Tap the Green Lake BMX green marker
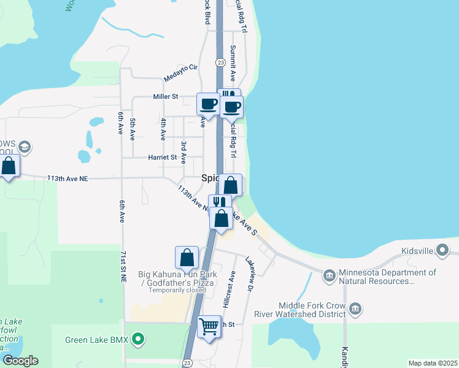138,339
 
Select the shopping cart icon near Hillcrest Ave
209,327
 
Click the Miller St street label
166,96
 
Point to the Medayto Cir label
181,72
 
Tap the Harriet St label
163,157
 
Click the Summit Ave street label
233,63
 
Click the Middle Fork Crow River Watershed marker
356,308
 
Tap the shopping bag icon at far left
9,166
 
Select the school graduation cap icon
25,147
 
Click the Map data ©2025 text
432,363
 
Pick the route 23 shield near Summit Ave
219,62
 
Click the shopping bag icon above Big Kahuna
187,258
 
